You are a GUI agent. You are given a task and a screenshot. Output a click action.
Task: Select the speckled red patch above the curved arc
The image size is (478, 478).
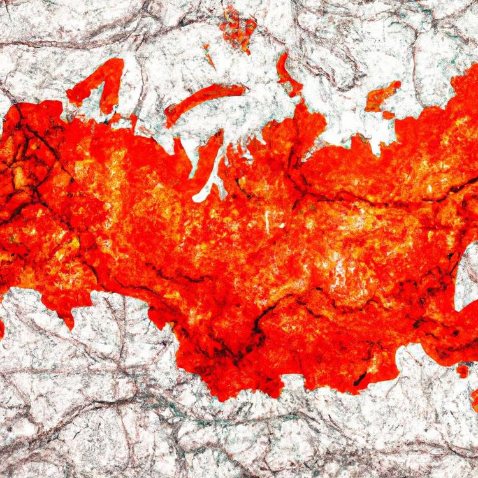coord(239,29)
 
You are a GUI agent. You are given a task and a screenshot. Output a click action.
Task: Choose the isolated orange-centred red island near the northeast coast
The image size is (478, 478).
coord(382,96)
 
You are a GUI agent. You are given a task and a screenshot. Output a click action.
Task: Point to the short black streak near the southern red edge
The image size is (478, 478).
coord(361,380)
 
